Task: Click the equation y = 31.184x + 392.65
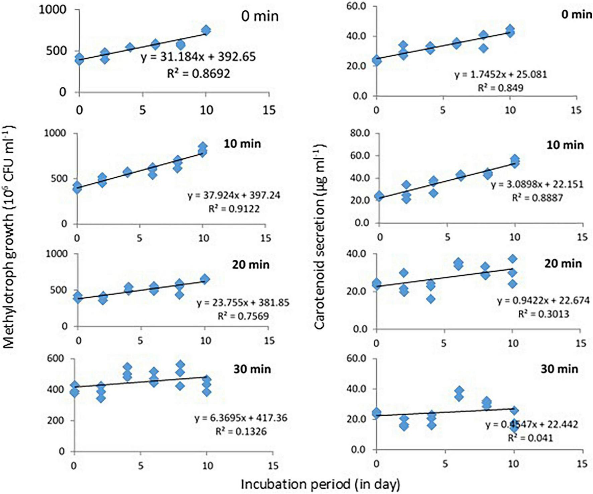pyautogui.click(x=198, y=57)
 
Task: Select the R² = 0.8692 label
pyautogui.click(x=198, y=73)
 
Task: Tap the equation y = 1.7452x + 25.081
pyautogui.click(x=500, y=74)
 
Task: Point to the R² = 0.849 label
pyautogui.click(x=500, y=88)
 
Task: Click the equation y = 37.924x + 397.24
pyautogui.click(x=234, y=195)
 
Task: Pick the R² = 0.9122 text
pyautogui.click(x=234, y=209)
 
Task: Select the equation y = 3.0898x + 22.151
pyautogui.click(x=537, y=184)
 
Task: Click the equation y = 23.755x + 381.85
pyautogui.click(x=243, y=303)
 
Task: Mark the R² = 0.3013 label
pyautogui.click(x=543, y=314)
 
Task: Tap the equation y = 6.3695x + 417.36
pyautogui.click(x=241, y=418)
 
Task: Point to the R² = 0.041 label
pyautogui.click(x=530, y=437)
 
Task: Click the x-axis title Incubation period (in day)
pyautogui.click(x=320, y=484)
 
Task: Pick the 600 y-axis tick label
pyautogui.click(x=57, y=359)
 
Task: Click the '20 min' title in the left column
pyautogui.click(x=251, y=265)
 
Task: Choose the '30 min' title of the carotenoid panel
pyautogui.click(x=559, y=369)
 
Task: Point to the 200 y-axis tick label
pyautogui.click(x=57, y=421)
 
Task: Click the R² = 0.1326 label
pyautogui.click(x=241, y=431)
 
